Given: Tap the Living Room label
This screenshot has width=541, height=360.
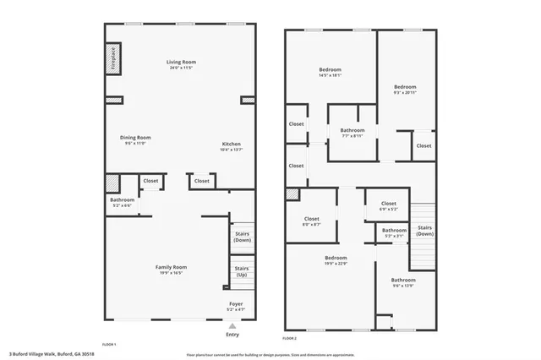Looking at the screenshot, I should point(180,62).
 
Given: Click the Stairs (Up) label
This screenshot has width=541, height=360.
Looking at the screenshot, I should point(241,271).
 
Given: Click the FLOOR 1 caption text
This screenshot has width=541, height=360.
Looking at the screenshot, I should point(108,344).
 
